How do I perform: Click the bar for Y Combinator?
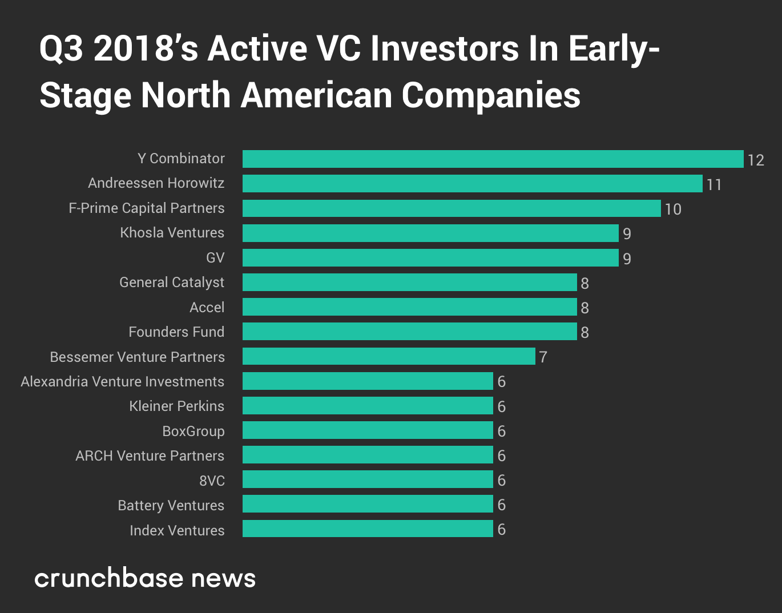[x=493, y=159]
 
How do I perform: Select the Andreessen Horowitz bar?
[x=472, y=184]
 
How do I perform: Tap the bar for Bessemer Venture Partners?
[x=389, y=357]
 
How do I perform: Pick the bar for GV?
[x=430, y=258]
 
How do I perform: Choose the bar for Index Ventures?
[x=368, y=529]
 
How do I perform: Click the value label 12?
[x=756, y=160]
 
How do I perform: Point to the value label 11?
[x=714, y=185]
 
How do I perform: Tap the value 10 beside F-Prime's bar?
[x=673, y=209]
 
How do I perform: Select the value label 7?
[x=543, y=357]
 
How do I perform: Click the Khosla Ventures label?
[x=172, y=233]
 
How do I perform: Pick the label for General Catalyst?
[x=171, y=283]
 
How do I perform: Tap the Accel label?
[x=207, y=308]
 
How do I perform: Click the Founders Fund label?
[x=176, y=332]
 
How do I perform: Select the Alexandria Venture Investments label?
[x=122, y=382]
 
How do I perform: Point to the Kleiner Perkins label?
[x=176, y=406]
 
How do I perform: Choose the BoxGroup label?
[x=193, y=431]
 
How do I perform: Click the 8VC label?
[x=212, y=481]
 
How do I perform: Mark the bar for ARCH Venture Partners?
[x=368, y=455]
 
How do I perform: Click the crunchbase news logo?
[x=145, y=578]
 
